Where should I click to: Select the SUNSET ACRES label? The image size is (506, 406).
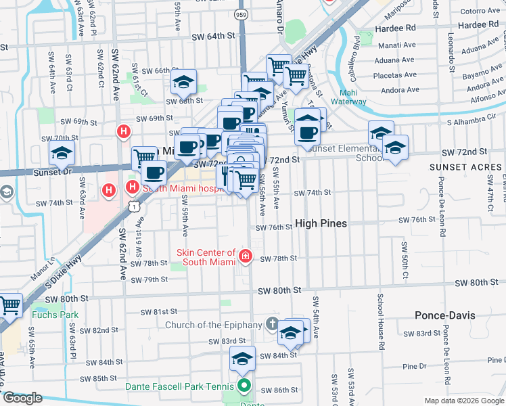462,166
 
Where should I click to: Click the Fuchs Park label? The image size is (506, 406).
55,315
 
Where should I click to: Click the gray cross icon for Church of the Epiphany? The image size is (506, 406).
272,324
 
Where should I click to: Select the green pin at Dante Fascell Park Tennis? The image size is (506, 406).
243,387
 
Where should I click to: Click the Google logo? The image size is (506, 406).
22,398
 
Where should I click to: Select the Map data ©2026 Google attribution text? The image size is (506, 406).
463,401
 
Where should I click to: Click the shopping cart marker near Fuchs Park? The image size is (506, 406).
9,306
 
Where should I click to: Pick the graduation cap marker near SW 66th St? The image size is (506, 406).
183,82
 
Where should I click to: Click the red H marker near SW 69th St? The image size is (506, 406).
123,131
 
